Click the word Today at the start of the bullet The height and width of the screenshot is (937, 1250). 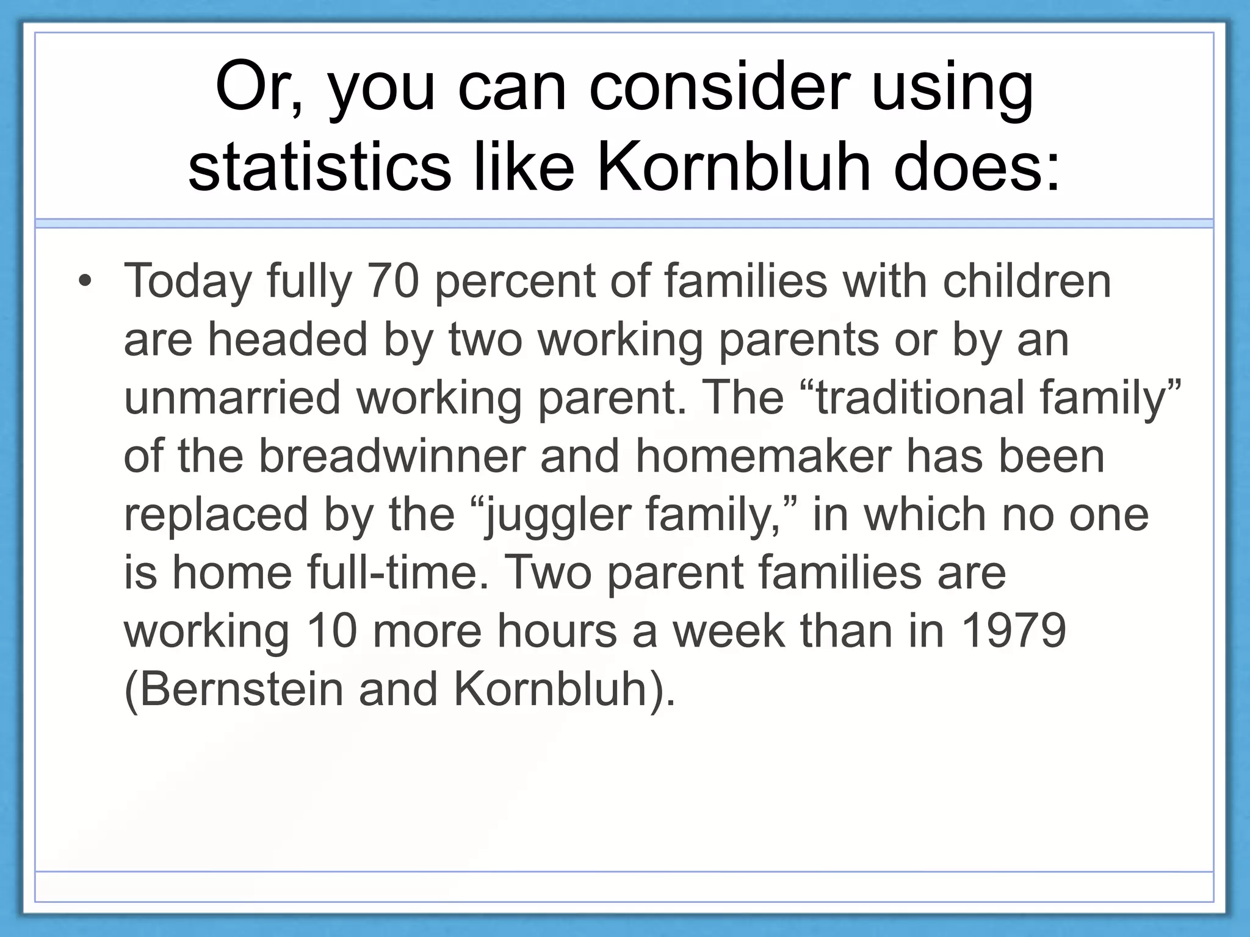[x=188, y=282]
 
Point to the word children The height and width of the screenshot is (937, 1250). [x=1027, y=281]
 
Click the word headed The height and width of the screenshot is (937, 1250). [x=287, y=339]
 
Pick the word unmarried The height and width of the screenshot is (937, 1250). [x=232, y=398]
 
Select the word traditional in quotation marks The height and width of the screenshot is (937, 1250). [x=919, y=398]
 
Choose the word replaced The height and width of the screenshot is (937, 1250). [x=216, y=514]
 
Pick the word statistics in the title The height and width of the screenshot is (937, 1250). [x=319, y=166]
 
